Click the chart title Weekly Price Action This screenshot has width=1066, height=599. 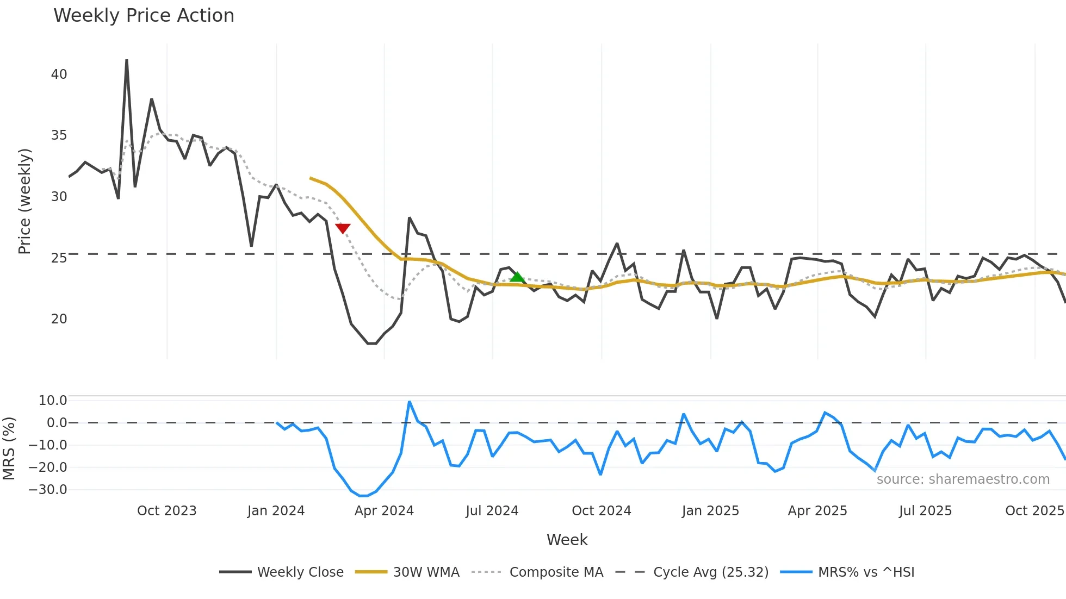click(144, 16)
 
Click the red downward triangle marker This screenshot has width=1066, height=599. click(343, 228)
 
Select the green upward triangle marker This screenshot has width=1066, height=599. click(517, 277)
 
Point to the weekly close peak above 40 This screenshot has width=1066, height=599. click(127, 61)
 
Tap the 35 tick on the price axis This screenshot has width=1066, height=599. click(59, 135)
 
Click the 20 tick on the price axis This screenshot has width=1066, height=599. click(59, 319)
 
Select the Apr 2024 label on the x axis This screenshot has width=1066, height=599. click(384, 511)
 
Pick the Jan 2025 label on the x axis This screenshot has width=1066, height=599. click(710, 511)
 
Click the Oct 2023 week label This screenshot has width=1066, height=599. click(166, 511)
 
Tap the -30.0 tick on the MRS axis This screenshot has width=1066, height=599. click(47, 490)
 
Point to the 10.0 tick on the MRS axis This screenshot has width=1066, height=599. click(52, 401)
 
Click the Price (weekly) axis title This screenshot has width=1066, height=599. click(24, 201)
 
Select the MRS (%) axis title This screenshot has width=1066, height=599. click(9, 448)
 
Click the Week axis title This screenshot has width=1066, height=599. click(567, 540)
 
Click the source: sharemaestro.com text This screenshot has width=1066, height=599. click(963, 479)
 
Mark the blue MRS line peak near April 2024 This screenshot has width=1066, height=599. click(410, 402)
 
